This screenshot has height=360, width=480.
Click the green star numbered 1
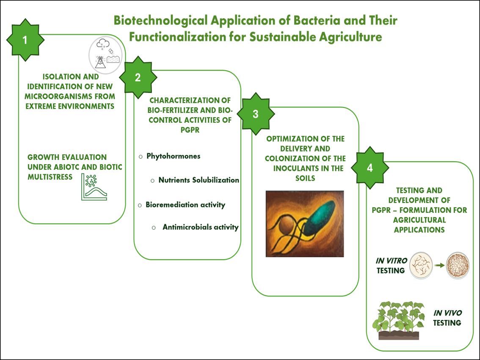[x=25, y=40]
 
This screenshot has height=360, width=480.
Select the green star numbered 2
[x=138, y=77]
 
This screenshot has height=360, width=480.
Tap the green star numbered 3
[x=256, y=114]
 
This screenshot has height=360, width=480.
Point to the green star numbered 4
[x=370, y=168]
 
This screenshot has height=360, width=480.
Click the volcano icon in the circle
[x=100, y=62]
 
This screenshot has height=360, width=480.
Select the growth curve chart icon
[x=94, y=187]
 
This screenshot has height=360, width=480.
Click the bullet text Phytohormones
[x=173, y=156]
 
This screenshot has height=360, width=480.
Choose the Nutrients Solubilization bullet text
[x=199, y=180]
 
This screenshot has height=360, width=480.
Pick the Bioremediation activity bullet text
[x=185, y=205]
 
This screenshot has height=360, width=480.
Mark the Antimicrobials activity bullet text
[x=201, y=227]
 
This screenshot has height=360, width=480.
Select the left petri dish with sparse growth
[x=421, y=265]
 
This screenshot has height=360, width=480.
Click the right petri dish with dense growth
[x=458, y=265]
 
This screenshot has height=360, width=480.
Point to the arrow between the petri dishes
[x=440, y=265]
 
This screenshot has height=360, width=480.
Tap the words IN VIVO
[x=447, y=313]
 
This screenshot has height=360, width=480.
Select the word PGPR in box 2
[x=190, y=130]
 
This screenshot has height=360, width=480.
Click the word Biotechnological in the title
[x=161, y=21]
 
